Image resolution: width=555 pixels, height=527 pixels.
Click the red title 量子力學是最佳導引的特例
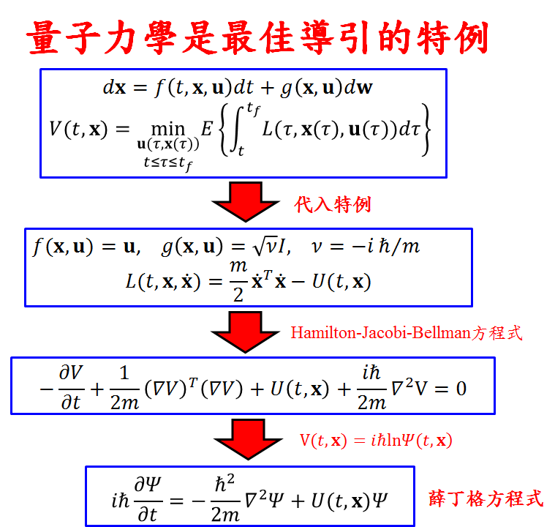click(257, 36)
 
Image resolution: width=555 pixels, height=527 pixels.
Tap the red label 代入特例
click(333, 204)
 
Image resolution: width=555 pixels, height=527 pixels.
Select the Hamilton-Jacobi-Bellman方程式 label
click(407, 332)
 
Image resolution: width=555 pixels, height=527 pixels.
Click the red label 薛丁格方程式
click(486, 499)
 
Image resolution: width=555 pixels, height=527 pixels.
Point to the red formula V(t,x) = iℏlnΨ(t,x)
click(376, 441)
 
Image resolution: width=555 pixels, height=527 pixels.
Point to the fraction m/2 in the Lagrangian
click(238, 281)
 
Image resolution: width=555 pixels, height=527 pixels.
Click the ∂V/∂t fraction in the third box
click(70, 388)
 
